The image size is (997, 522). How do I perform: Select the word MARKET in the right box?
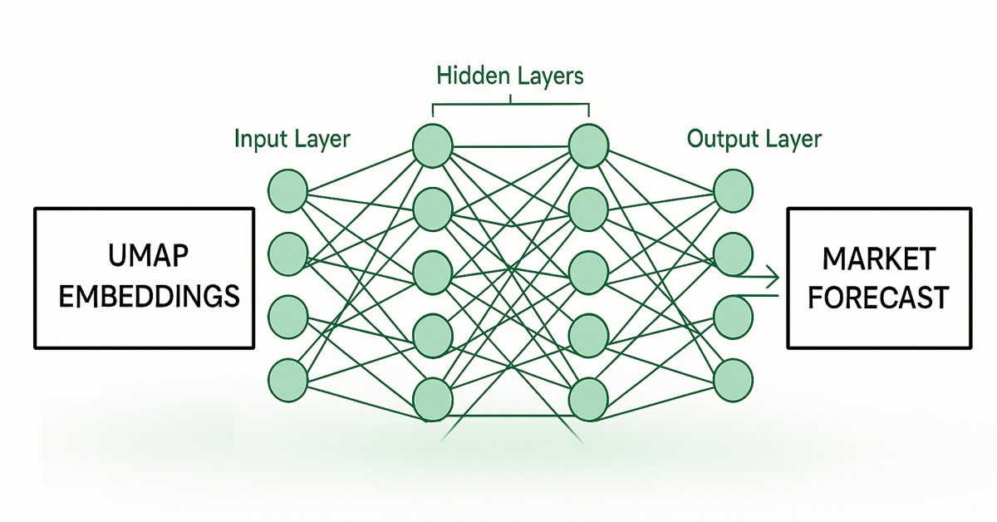(879, 259)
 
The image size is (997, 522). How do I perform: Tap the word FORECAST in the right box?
(879, 297)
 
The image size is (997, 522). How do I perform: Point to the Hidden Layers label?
(510, 76)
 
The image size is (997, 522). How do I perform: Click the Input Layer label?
(292, 138)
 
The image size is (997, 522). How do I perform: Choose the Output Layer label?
(754, 138)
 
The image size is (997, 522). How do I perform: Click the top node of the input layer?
(289, 190)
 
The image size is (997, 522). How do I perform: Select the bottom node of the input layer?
(289, 380)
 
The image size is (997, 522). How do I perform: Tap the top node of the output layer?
(733, 190)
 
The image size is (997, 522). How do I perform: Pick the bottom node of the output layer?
(733, 380)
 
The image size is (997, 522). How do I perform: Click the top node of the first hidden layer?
(433, 145)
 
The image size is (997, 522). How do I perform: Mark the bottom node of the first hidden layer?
(433, 399)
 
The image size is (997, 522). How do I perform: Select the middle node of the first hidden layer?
(433, 272)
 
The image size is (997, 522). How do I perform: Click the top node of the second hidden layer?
(589, 145)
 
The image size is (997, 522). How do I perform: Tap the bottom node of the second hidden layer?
(589, 399)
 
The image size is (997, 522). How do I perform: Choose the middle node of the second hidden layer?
(589, 272)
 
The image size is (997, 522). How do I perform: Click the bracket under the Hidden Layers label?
(510, 105)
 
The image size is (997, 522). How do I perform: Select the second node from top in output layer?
(733, 254)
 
